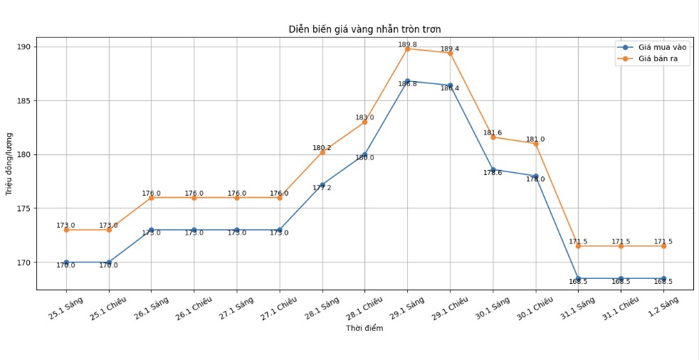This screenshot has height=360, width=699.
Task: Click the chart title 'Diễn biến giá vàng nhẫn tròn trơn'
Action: click(x=364, y=29)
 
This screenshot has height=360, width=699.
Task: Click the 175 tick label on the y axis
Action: click(x=23, y=208)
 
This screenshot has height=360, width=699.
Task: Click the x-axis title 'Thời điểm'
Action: click(x=364, y=328)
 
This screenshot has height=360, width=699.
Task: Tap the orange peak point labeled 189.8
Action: click(x=407, y=49)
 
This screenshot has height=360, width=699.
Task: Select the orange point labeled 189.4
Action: click(x=450, y=53)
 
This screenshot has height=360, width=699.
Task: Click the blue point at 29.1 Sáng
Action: click(x=407, y=81)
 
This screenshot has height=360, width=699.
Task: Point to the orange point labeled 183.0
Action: click(x=364, y=122)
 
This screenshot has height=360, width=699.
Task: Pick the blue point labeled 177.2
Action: click(x=322, y=185)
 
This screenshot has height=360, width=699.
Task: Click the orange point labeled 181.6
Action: click(x=493, y=137)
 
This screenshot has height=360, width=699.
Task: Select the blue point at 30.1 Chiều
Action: click(x=535, y=176)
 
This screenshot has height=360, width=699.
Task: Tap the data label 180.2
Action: click(x=322, y=148)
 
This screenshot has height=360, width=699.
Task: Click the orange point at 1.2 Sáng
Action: click(x=663, y=246)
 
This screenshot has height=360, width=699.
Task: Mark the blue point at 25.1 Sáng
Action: click(x=66, y=263)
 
